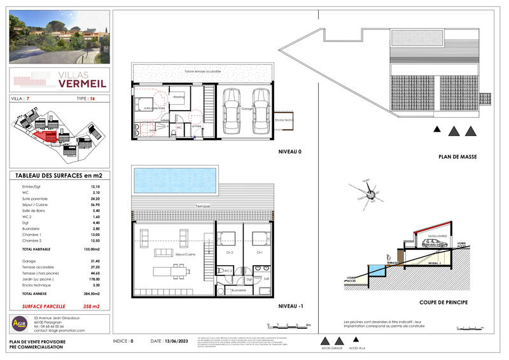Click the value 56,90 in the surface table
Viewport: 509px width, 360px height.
point(95,205)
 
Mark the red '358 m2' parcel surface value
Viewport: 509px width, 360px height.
point(92,306)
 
